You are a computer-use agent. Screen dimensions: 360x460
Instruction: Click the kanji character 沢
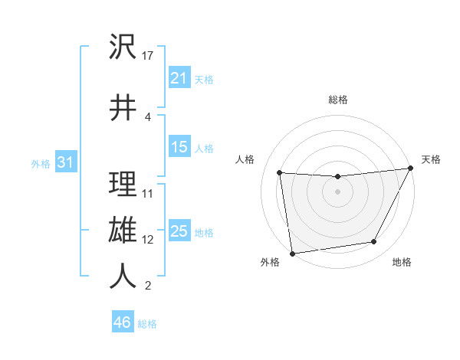point(123,47)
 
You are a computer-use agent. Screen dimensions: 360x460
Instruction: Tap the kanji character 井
point(123,108)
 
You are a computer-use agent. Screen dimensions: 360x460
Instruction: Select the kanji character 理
point(123,185)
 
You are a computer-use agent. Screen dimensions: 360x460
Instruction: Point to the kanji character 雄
point(123,230)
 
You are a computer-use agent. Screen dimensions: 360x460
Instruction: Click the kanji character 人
point(123,277)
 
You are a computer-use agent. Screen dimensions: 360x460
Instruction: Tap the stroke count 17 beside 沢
point(149,56)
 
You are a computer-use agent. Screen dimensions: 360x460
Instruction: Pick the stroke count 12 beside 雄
point(149,239)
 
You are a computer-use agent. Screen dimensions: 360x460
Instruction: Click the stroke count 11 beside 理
point(149,194)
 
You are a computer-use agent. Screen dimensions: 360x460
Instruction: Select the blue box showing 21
point(179,78)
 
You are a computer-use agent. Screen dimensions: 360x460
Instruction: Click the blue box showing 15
point(179,147)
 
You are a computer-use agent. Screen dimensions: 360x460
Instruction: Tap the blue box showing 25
point(179,231)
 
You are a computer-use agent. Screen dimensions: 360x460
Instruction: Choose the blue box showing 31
point(66,162)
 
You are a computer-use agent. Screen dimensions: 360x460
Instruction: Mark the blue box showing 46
point(123,322)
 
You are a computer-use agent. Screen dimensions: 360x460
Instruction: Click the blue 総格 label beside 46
point(147,324)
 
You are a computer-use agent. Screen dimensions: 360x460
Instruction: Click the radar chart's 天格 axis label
point(431,159)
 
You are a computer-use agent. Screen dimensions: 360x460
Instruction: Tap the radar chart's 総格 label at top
point(338,100)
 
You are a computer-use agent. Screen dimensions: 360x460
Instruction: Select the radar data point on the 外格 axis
point(292,253)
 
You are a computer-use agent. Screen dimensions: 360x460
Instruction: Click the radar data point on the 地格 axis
point(374,242)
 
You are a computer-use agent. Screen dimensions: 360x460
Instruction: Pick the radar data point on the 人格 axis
point(279,173)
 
